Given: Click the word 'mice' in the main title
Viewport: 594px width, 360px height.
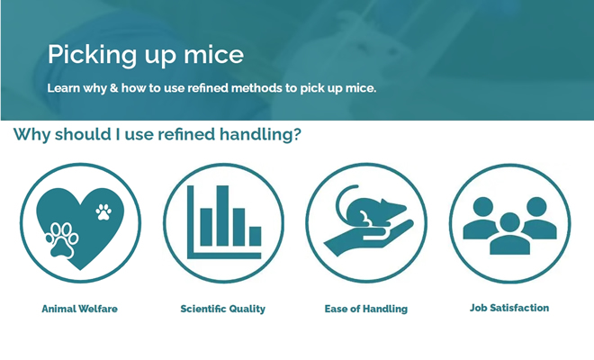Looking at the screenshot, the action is [x=213, y=55].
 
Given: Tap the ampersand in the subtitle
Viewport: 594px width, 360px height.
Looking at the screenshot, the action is [x=113, y=88].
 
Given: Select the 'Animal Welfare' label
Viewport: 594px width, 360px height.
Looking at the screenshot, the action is [x=79, y=309].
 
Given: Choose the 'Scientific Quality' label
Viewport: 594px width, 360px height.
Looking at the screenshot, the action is [x=223, y=309].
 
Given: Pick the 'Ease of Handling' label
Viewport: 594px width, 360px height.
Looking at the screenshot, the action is [x=366, y=309].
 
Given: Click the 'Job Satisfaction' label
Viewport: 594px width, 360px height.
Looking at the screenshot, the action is [x=509, y=308].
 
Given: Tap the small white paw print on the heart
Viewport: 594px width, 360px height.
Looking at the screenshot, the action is [x=103, y=211].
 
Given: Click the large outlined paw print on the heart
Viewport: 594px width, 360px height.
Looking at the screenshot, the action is [x=62, y=240].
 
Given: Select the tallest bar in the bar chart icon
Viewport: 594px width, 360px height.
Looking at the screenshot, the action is [x=222, y=216].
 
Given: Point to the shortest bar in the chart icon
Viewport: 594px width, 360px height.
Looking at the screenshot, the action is [x=256, y=236].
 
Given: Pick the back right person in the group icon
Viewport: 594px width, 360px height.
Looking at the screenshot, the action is [x=539, y=220].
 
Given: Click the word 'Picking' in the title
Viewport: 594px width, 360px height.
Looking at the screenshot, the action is [x=91, y=55].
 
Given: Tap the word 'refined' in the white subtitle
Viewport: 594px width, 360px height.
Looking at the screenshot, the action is [x=208, y=88].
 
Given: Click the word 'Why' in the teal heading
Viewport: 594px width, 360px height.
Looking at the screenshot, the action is [x=31, y=135].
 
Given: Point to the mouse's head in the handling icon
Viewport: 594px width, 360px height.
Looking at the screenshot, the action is [x=394, y=208].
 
